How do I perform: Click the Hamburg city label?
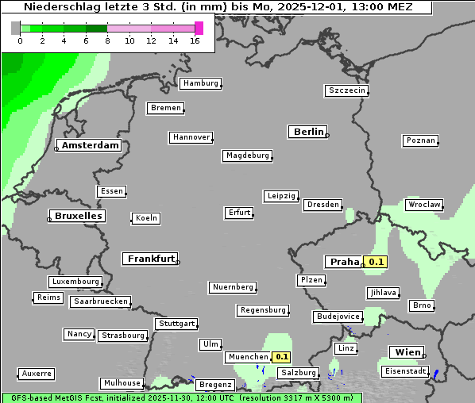pyautogui.click(x=199, y=83)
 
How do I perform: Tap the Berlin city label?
pyautogui.click(x=308, y=132)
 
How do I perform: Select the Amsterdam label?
pyautogui.click(x=91, y=145)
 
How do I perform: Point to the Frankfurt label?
pyautogui.click(x=150, y=259)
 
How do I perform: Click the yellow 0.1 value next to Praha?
pyautogui.click(x=376, y=262)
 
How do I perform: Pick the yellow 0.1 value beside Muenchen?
pyautogui.click(x=282, y=358)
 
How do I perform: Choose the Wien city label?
pyautogui.click(x=405, y=351)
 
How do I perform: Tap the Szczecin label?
pyautogui.click(x=347, y=90)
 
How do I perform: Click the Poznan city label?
pyautogui.click(x=421, y=140)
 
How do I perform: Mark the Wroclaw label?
pyautogui.click(x=424, y=205)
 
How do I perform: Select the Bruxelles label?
pyautogui.click(x=78, y=216)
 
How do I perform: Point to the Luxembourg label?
pyautogui.click(x=75, y=282)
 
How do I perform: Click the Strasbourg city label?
pyautogui.click(x=123, y=336)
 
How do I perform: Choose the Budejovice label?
pyautogui.click(x=338, y=317)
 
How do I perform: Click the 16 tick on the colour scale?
pyautogui.click(x=195, y=40)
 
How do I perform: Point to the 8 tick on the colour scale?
pyautogui.click(x=107, y=40)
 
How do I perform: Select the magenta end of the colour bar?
pyautogui.click(x=199, y=28)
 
